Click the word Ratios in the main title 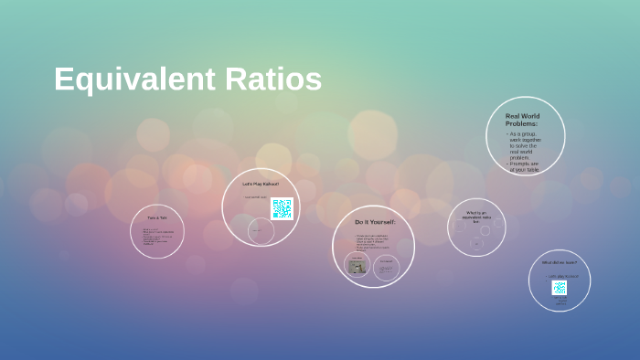pyautogui.click(x=272, y=79)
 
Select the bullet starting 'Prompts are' pyautogui.click(x=525, y=166)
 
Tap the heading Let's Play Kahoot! pyautogui.click(x=260, y=184)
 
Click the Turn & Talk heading pyautogui.click(x=157, y=217)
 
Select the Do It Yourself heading pyautogui.click(x=375, y=222)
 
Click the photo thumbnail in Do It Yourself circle pyautogui.click(x=357, y=268)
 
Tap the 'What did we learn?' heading pyautogui.click(x=559, y=263)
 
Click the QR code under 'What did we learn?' pyautogui.click(x=559, y=287)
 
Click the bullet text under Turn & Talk pyautogui.click(x=157, y=237)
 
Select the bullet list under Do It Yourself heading pyautogui.click(x=373, y=242)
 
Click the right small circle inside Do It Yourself pyautogui.click(x=387, y=268)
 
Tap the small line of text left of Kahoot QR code pyautogui.click(x=256, y=197)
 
